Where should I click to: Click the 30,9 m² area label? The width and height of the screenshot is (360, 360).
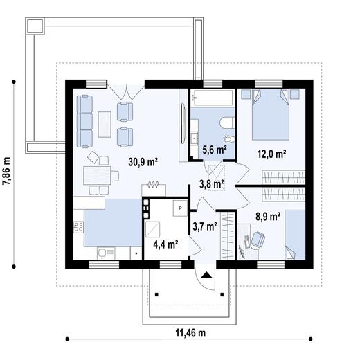point(143,162)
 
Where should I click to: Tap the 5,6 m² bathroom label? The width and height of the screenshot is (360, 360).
point(215,150)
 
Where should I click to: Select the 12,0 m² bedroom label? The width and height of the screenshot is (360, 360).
point(272,154)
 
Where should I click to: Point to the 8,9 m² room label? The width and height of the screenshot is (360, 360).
point(268,217)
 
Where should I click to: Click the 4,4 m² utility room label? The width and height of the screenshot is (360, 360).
point(165,244)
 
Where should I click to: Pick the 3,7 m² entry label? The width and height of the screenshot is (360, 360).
point(205,226)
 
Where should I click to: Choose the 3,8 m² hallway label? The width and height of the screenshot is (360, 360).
point(212,184)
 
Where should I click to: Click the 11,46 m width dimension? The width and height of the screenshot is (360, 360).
point(190,333)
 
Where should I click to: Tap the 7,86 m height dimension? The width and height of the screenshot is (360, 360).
point(6,171)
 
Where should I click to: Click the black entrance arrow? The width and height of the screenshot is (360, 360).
point(206,275)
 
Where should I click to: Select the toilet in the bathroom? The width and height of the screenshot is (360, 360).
point(227,123)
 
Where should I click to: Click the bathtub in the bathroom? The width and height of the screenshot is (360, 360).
point(212,98)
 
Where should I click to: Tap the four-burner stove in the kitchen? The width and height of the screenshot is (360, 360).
point(78,226)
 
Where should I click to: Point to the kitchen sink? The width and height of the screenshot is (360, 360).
point(106,253)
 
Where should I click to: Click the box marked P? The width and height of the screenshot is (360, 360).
point(180,208)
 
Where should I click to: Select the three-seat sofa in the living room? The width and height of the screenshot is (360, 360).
point(84,121)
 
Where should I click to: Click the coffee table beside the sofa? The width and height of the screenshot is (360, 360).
point(105,125)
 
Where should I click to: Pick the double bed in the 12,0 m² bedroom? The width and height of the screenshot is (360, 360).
point(271,115)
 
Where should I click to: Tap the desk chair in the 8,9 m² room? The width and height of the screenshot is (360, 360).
point(258,240)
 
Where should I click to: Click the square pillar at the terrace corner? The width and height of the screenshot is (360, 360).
point(35,26)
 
